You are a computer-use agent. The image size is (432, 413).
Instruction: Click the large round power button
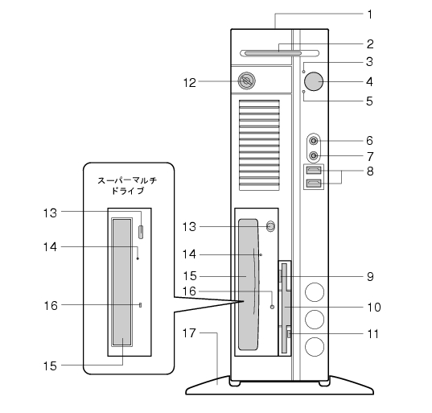tap(314, 81)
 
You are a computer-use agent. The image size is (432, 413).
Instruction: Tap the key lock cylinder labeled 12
tap(246, 81)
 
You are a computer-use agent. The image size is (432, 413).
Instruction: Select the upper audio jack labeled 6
tap(314, 141)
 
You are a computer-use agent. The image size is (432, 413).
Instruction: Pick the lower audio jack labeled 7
tap(314, 156)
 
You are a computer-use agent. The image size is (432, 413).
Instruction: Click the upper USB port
tap(314, 171)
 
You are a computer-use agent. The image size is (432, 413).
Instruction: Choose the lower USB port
tap(314, 183)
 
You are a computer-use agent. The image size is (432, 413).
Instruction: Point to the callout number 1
tap(370, 14)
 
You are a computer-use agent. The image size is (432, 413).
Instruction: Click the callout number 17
tap(189, 333)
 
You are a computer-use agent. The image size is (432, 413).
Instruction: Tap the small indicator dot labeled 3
tap(304, 72)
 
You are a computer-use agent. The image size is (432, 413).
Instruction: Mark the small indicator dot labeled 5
tap(304, 91)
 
